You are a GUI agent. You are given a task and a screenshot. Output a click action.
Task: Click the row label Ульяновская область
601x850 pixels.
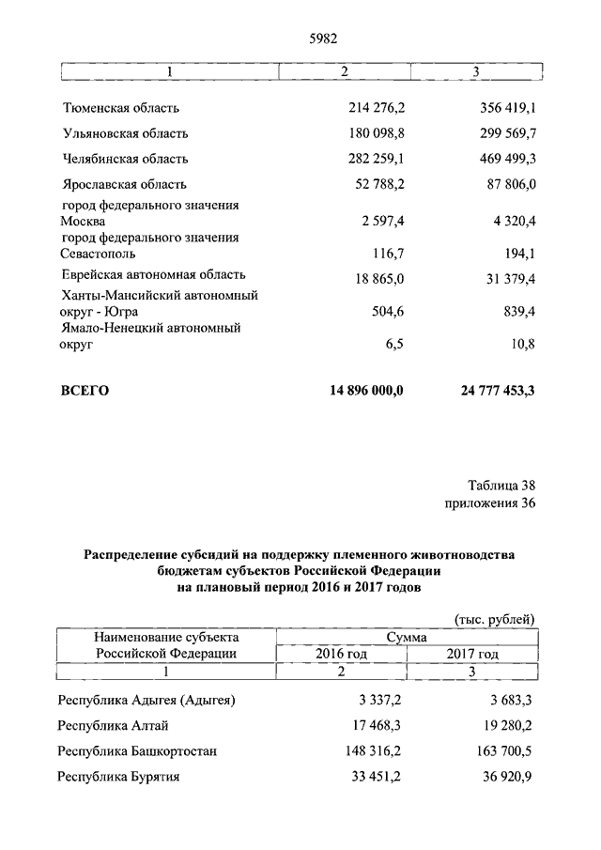[125, 133]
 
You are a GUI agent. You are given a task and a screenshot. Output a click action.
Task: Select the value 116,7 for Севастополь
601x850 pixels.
[387, 254]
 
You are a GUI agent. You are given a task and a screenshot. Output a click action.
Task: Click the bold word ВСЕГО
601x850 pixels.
[85, 391]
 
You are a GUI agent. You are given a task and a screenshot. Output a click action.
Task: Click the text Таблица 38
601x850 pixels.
[501, 487]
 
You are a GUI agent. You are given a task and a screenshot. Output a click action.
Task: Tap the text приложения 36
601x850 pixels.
[490, 504]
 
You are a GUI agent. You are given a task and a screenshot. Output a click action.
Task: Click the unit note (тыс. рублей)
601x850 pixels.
[494, 619]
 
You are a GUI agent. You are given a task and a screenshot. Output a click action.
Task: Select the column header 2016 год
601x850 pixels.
[342, 654]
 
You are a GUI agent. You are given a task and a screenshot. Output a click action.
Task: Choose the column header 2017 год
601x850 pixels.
[472, 654]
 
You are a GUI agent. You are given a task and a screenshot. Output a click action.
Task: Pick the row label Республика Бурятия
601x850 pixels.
[118, 777]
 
